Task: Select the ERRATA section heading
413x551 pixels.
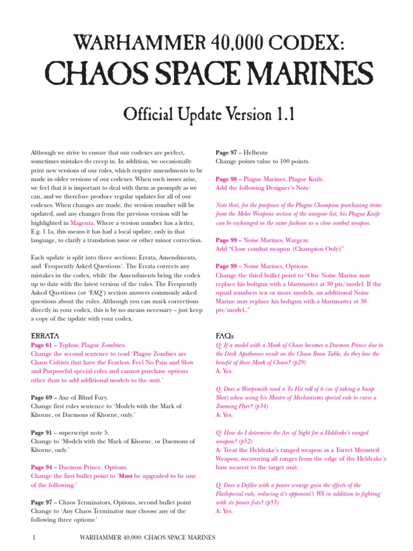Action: (x=45, y=336)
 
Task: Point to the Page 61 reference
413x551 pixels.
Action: (x=41, y=345)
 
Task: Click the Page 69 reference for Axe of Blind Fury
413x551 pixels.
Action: (x=41, y=397)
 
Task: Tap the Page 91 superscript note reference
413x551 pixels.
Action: (x=41, y=432)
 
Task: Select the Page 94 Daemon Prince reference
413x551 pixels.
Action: (x=41, y=467)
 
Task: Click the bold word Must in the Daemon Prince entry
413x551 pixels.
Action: (x=125, y=476)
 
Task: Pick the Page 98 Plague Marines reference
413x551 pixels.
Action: (x=226, y=179)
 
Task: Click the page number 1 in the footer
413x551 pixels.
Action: (x=34, y=538)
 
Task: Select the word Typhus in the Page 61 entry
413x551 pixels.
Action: (x=68, y=345)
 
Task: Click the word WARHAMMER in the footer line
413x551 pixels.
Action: (x=101, y=538)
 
